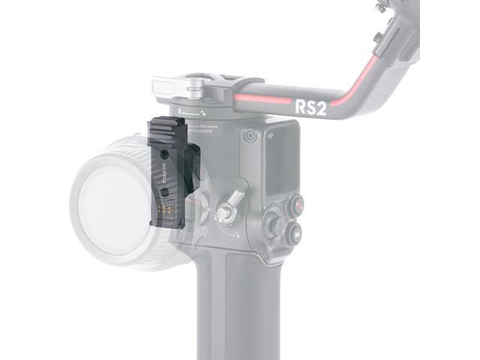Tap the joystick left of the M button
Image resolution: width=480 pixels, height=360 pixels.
point(273,224)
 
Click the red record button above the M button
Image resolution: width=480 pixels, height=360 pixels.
point(297,203)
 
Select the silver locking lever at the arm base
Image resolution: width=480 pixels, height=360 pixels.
point(194,88)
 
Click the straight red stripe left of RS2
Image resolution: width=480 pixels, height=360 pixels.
point(262,100)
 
